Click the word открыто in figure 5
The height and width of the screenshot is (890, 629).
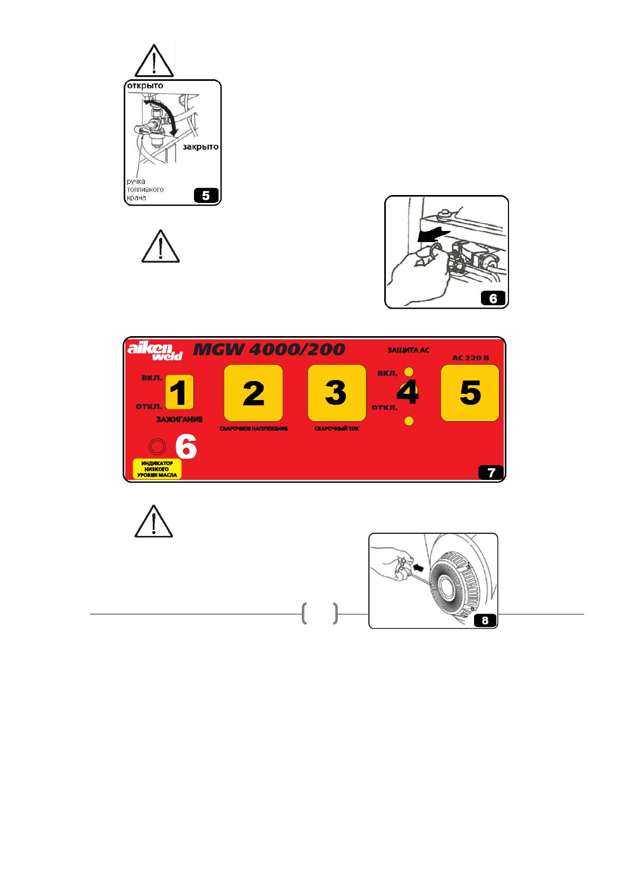pos(145,86)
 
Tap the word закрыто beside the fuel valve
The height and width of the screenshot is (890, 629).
pos(200,147)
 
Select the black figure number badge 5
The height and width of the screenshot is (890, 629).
pos(206,196)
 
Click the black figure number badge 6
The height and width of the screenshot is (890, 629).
pos(493,299)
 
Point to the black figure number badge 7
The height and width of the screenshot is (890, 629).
pos(491,472)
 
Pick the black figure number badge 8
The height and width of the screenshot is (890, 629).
pos(485,620)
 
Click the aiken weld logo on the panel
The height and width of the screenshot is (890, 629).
pos(155,350)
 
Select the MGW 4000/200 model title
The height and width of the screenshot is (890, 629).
pos(269,349)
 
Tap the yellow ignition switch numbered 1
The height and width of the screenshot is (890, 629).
pos(179,392)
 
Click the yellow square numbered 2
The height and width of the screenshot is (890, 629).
pos(253,393)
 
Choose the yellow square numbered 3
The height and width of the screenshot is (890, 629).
pos(337,393)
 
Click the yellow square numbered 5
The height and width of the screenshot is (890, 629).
pos(470,393)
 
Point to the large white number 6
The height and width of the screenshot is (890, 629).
pos(186,447)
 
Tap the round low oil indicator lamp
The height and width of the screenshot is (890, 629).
pos(157,447)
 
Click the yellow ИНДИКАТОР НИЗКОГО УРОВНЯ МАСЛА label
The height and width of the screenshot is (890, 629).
pos(157,469)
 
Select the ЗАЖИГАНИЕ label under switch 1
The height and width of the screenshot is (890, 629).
pos(179,420)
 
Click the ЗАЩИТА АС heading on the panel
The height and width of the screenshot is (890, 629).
pos(408,350)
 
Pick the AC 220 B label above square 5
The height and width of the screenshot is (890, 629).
pos(470,358)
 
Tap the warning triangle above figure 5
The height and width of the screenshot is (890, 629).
pos(154,62)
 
